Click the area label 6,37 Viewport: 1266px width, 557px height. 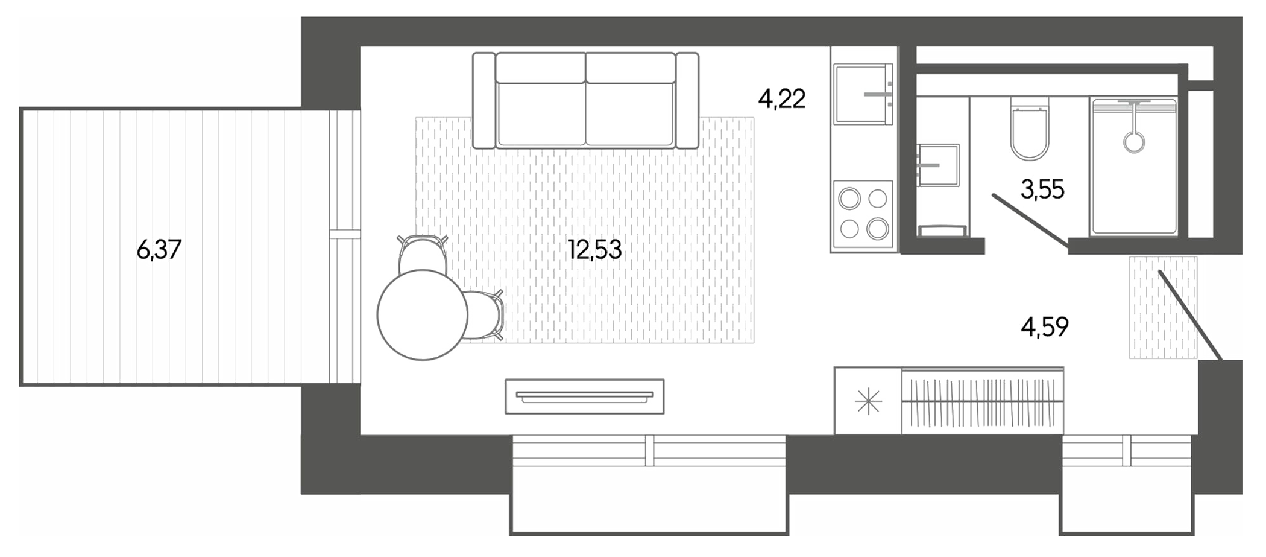(159, 249)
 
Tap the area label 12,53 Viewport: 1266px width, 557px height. (594, 249)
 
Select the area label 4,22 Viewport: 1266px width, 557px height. (781, 99)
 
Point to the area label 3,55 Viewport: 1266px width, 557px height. (1042, 189)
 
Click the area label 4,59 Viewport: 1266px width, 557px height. (1044, 326)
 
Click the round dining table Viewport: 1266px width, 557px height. (422, 315)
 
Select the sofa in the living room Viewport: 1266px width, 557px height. (585, 101)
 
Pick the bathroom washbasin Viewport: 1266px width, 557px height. (938, 165)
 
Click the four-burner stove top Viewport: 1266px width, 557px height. (863, 214)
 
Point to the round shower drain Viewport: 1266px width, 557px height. (1134, 142)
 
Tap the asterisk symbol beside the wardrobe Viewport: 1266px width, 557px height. (868, 402)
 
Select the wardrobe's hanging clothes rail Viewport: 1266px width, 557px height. (983, 401)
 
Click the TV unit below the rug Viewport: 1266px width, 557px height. (584, 396)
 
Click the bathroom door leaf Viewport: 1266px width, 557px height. (1030, 220)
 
